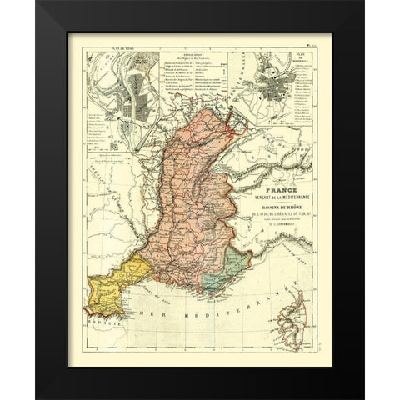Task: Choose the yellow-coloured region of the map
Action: [118, 273]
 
